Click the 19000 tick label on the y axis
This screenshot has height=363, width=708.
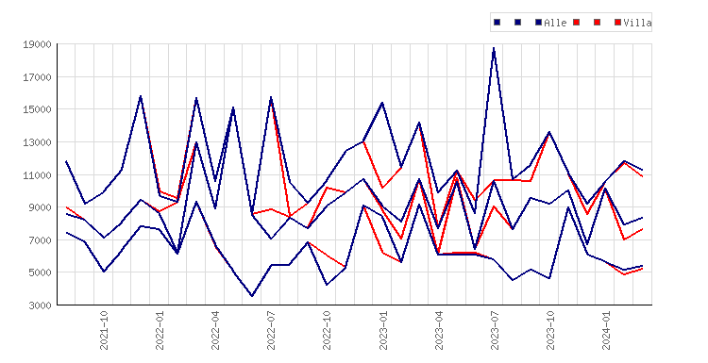tap(37, 44)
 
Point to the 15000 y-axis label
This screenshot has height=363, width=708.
tap(37, 109)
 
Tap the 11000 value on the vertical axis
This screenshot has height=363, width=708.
tap(37, 175)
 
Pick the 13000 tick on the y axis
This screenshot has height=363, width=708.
tap(37, 142)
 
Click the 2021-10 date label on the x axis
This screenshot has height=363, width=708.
tap(104, 330)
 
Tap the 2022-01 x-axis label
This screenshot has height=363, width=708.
tap(160, 330)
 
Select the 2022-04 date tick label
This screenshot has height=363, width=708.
tap(215, 330)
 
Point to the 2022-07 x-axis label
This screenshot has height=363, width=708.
tap(271, 330)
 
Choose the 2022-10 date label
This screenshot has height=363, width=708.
tap(327, 330)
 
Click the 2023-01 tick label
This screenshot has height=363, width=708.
tap(383, 330)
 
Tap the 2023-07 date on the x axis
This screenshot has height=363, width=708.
tap(495, 330)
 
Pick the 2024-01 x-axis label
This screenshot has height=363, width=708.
tap(606, 330)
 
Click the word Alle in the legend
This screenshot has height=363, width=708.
tap(555, 23)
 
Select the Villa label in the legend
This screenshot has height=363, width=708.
tap(637, 23)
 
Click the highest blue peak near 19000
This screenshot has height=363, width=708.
tap(494, 48)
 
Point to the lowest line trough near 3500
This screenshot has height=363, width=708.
tap(252, 296)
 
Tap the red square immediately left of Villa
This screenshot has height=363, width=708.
tap(617, 22)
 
